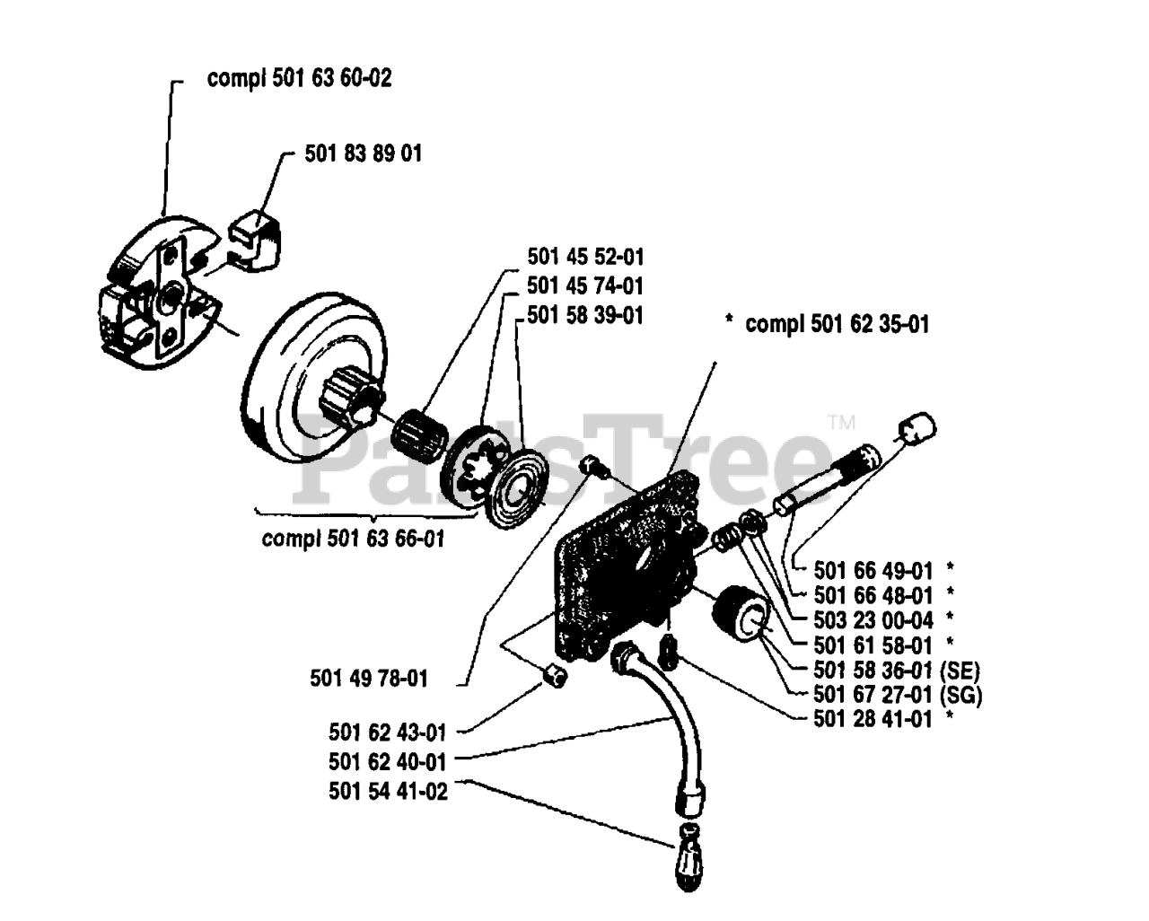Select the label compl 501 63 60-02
(299, 78)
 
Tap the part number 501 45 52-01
(585, 258)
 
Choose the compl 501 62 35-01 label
(837, 323)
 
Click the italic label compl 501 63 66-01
(353, 539)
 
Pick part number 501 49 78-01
(368, 679)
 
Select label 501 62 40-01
(387, 762)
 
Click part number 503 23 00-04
(873, 619)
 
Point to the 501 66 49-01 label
(873, 570)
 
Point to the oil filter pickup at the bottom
(690, 863)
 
